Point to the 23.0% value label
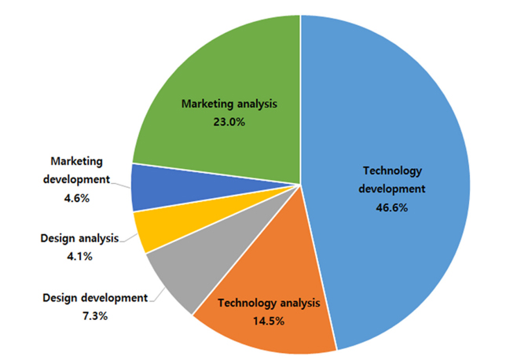coord(230,123)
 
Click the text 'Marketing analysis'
coord(230,103)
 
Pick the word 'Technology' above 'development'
coord(393,170)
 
